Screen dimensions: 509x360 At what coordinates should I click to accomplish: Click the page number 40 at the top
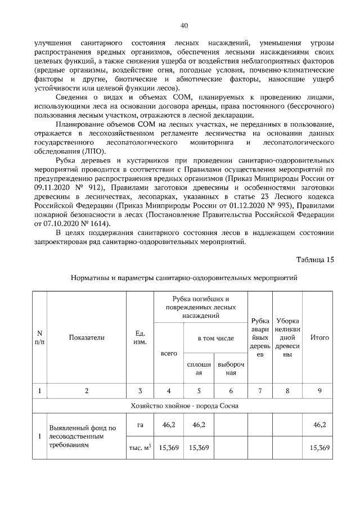click(x=184, y=25)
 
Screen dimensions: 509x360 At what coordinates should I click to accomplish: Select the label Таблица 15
click(x=315, y=259)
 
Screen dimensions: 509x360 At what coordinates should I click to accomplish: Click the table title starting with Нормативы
click(x=184, y=278)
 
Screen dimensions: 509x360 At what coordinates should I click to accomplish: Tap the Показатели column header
click(x=87, y=337)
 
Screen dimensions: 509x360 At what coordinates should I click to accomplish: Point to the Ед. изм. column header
click(x=140, y=337)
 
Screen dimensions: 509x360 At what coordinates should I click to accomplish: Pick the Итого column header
click(x=319, y=337)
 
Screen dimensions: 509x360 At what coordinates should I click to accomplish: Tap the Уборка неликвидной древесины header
click(x=287, y=337)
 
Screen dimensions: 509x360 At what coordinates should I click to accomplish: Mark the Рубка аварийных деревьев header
click(x=260, y=337)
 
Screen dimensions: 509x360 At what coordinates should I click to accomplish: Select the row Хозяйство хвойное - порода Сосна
click(x=184, y=406)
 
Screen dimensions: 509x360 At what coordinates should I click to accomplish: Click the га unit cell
click(x=140, y=426)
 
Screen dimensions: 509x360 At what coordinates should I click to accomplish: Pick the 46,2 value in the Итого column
click(x=319, y=426)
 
